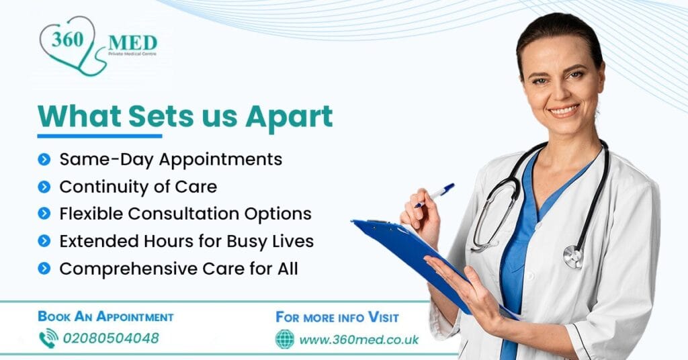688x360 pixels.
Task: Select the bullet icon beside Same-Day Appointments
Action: pos(44,160)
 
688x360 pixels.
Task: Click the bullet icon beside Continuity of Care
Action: pos(44,187)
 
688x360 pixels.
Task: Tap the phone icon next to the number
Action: pos(48,338)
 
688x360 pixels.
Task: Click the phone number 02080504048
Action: pos(111,338)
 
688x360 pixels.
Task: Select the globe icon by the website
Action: pos(285,339)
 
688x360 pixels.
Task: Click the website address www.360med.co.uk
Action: pos(359,339)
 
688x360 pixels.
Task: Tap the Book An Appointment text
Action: pos(105,316)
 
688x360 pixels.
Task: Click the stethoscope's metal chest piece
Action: pos(573,256)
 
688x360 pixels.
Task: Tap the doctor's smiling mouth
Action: pos(563,109)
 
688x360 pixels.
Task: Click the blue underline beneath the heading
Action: pos(99,136)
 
